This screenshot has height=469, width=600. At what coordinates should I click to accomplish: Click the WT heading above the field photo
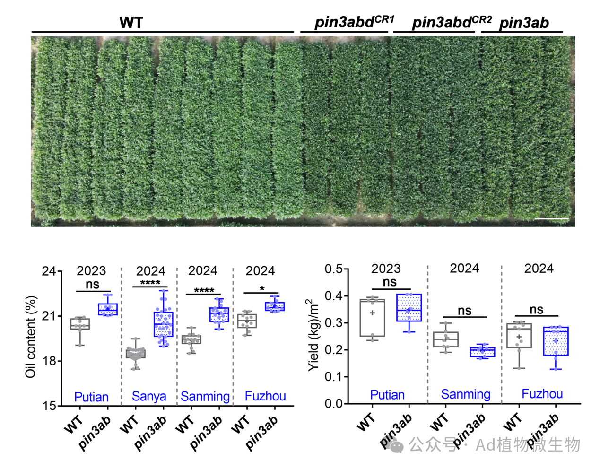[x=131, y=22]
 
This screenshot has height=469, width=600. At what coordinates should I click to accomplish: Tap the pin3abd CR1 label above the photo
[x=354, y=22]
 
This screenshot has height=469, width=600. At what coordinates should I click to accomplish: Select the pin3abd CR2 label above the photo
[x=452, y=22]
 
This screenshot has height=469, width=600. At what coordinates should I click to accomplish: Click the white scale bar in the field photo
[x=551, y=218]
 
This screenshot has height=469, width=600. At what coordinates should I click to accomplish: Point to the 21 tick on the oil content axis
[x=49, y=316]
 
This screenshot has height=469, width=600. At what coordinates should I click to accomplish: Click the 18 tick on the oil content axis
[x=49, y=361]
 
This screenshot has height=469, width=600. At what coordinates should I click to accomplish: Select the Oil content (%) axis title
[x=31, y=337]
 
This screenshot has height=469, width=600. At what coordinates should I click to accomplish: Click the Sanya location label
[x=149, y=396]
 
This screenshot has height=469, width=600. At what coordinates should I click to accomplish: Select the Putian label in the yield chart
[x=387, y=395]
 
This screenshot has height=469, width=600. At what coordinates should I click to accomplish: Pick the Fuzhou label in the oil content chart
[x=265, y=396]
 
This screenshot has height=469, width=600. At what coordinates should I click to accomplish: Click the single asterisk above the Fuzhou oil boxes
[x=262, y=288]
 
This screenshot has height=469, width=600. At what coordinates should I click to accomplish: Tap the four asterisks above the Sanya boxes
[x=150, y=283]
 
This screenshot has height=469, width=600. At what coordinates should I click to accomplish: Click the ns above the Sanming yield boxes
[x=464, y=311]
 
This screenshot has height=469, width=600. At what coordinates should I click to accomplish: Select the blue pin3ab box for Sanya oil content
[x=164, y=324]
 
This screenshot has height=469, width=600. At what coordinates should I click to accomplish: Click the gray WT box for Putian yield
[x=372, y=318]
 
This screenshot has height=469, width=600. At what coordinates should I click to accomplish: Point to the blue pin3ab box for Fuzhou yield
[x=556, y=341]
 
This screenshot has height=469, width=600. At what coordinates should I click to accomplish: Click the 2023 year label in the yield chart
[x=386, y=269]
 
